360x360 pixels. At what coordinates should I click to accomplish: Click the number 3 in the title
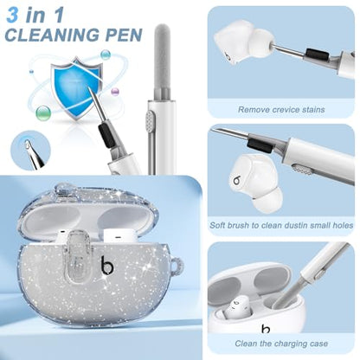coord(12,15)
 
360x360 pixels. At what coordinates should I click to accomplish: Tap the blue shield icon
coord(76,88)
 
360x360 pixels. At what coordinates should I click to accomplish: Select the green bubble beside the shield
coord(43,112)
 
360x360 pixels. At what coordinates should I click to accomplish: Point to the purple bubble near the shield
coord(115,92)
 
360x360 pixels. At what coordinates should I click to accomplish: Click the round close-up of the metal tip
coord(30,150)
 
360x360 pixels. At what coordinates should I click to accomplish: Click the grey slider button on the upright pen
coord(150,121)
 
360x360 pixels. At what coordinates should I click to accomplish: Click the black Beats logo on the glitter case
coord(107,265)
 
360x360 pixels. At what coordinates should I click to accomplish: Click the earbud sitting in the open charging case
coord(238,308)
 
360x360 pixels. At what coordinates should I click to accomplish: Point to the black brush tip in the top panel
coord(316,54)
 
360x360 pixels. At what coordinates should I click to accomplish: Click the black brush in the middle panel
coord(259,145)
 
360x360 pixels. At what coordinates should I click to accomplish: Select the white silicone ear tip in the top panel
coord(260,43)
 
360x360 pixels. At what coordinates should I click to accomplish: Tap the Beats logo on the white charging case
coord(266,329)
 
